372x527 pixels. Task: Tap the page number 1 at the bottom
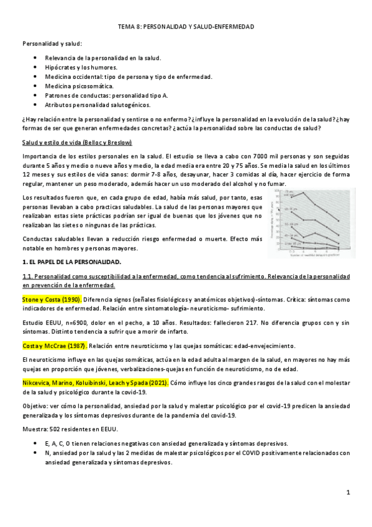point(348,493)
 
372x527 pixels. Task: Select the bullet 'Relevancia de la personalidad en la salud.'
point(102,58)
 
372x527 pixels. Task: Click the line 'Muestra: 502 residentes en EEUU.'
point(71,429)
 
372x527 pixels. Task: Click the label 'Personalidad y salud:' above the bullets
point(52,43)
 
